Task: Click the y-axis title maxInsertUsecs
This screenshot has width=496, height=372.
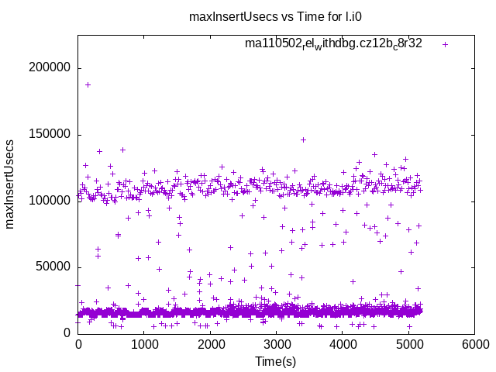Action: [x=10, y=184]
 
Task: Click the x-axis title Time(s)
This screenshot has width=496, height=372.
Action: [x=277, y=361]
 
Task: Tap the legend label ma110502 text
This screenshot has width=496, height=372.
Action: [x=333, y=44]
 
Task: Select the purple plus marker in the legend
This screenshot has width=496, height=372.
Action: [x=445, y=44]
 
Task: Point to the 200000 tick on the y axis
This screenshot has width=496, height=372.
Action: [x=49, y=68]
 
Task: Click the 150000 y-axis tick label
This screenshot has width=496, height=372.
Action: [x=49, y=135]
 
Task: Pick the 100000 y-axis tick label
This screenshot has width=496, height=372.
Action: [x=49, y=201]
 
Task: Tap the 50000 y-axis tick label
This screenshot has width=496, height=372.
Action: [x=52, y=267]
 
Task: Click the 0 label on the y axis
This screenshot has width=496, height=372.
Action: [x=67, y=334]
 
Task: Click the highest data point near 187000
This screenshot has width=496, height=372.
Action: [x=88, y=84]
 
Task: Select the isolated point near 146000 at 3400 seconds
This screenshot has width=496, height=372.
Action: [x=303, y=139]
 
